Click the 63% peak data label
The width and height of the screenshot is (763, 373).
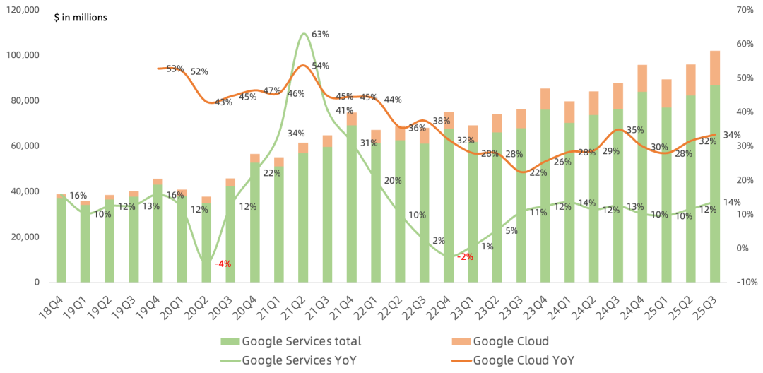pos(320,35)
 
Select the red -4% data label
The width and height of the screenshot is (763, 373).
pos(223,264)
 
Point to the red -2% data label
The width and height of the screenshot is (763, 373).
pos(465,256)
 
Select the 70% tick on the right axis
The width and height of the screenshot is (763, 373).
pos(745,10)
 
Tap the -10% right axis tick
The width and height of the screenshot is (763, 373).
pos(744,282)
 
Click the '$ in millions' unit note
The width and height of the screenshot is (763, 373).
pos(81,17)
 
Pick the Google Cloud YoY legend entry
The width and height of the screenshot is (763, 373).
pos(523,360)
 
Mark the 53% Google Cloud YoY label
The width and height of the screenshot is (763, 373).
pos(175,69)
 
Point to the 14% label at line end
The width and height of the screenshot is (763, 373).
pos(732,202)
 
